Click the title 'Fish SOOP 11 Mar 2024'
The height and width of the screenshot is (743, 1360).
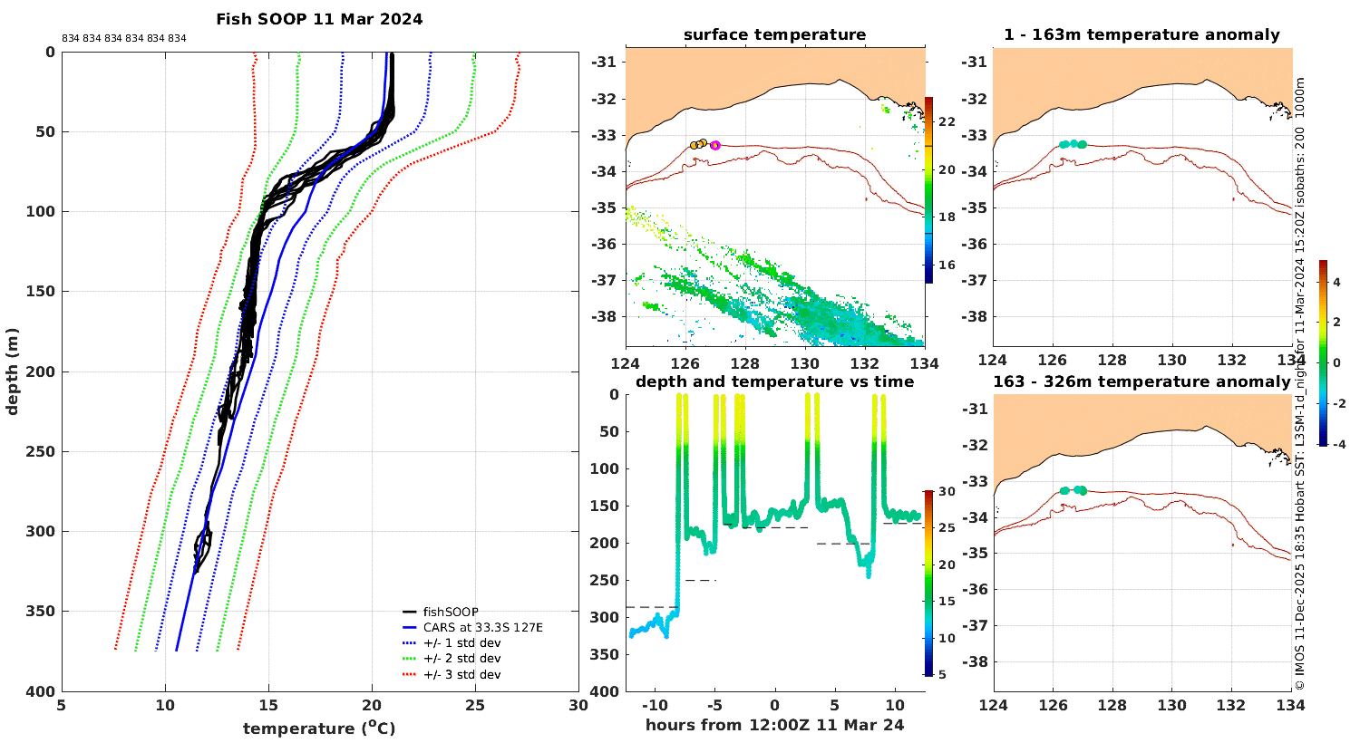319,19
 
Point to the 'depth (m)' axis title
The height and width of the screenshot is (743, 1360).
12,371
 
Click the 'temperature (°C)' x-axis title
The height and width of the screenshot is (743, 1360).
319,728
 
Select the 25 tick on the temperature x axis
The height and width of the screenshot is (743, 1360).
475,705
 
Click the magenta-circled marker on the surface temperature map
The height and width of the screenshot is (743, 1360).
715,146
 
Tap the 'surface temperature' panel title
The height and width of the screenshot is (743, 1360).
774,34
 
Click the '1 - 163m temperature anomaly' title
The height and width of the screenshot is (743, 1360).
1142,34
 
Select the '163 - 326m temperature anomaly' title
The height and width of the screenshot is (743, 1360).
1142,381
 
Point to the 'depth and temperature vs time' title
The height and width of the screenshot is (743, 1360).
774,381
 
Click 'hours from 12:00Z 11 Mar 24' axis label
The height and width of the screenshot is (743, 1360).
774,725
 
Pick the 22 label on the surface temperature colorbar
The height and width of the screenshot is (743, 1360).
947,122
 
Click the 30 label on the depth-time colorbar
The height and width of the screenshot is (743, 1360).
947,491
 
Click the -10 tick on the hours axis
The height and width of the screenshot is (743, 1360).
654,705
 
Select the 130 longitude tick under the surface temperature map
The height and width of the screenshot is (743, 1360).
805,363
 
